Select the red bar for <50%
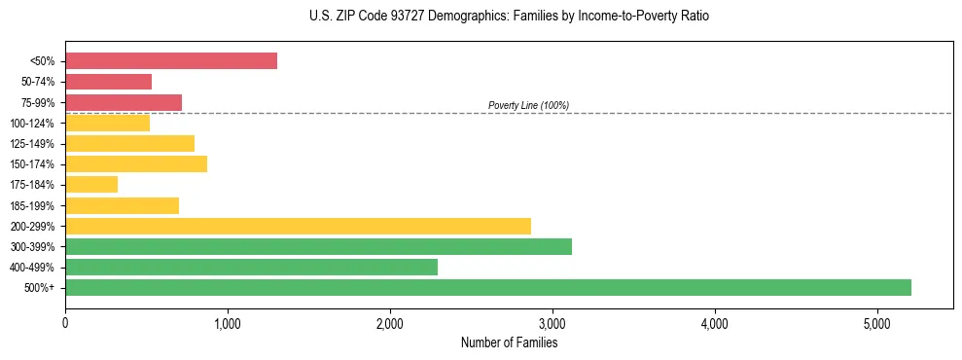click(x=171, y=61)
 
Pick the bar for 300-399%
click(x=318, y=246)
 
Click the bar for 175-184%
click(x=91, y=184)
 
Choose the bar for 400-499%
click(x=251, y=267)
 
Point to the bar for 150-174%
click(x=136, y=163)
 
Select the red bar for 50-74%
click(x=108, y=82)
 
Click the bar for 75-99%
click(x=124, y=102)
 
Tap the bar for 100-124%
click(x=107, y=123)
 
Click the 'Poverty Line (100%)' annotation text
click(x=528, y=105)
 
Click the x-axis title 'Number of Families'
click(x=509, y=342)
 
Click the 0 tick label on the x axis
click(x=65, y=323)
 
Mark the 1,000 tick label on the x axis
click(x=228, y=323)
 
